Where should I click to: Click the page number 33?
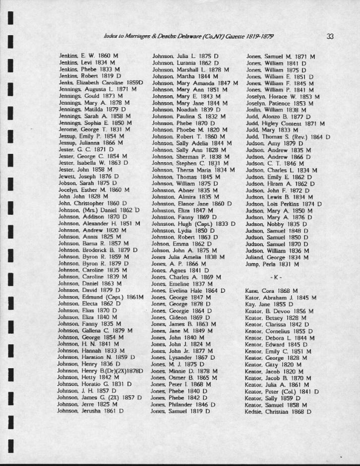pyautogui.click(x=330, y=36)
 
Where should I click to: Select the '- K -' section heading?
pyautogui.click(x=276, y=276)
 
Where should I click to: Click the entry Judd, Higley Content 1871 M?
pyautogui.click(x=285, y=123)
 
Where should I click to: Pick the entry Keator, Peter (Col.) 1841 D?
pyautogui.click(x=282, y=391)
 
